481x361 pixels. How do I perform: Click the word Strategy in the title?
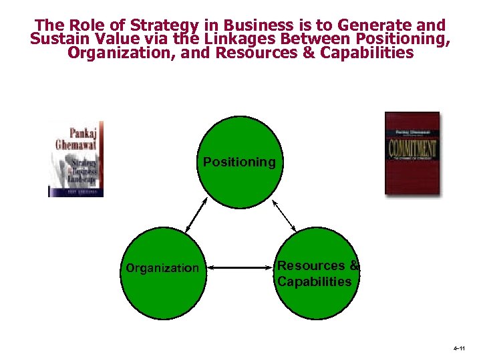click(168, 26)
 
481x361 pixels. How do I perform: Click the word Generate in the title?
click(370, 26)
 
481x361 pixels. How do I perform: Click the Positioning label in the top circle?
click(239, 162)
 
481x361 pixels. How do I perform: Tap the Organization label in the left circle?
click(162, 268)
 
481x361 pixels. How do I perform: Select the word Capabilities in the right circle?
click(314, 281)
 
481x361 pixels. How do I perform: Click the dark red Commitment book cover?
click(412, 153)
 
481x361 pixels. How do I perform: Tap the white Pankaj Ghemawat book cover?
click(76, 159)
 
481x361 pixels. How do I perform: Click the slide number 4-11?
click(458, 350)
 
